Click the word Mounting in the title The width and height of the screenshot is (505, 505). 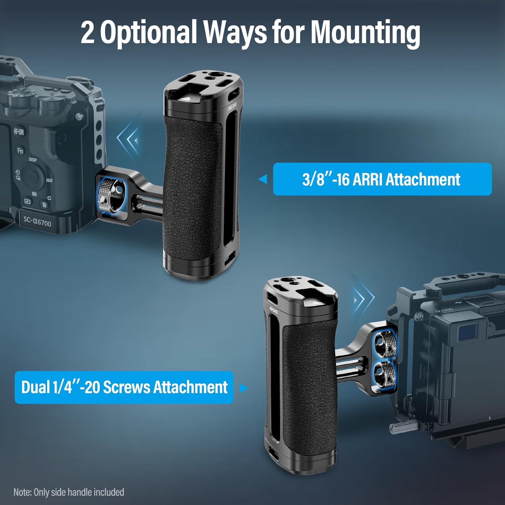pos(365,32)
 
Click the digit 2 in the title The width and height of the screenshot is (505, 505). pos(88,33)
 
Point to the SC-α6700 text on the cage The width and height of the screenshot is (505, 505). pos(37,221)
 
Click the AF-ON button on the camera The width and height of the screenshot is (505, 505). pos(19,131)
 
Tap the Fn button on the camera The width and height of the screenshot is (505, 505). pos(20,150)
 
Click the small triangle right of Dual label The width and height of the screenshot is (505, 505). pos(243,388)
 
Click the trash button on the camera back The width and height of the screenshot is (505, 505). pos(44,204)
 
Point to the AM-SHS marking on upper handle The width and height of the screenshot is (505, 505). pos(232,106)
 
